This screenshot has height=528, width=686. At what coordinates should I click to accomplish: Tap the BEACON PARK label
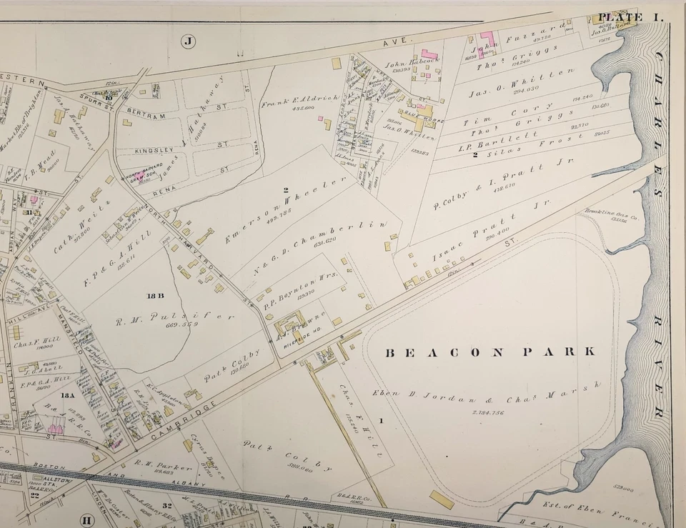coord(490,352)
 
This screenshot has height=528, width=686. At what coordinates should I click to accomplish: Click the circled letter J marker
coord(188,41)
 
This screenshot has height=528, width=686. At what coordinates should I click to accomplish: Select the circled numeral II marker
coord(86,519)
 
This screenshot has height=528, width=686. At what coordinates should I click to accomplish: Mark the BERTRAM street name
coord(146,116)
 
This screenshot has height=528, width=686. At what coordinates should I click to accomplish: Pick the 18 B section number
coord(155,294)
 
